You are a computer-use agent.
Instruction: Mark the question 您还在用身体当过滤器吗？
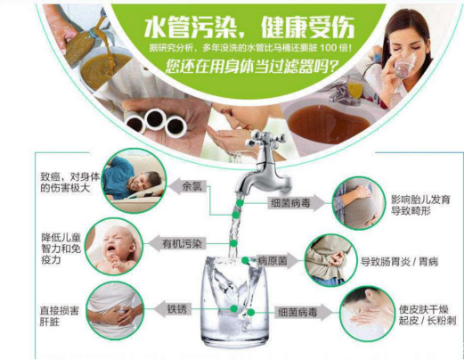tap(250, 68)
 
